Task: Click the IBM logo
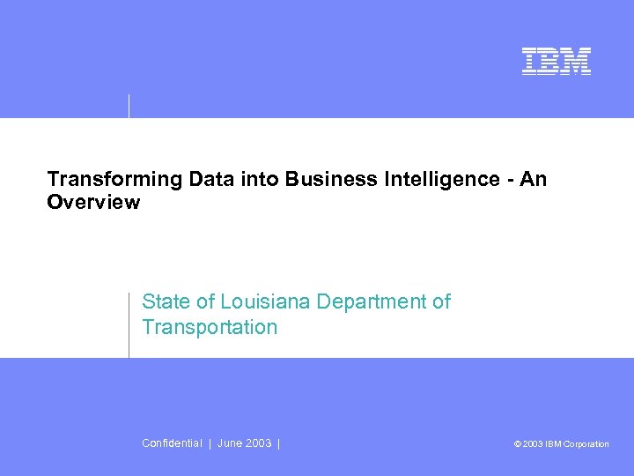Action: click(556, 61)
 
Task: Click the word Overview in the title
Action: click(93, 203)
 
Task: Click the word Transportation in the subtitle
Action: click(210, 328)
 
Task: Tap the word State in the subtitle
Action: click(165, 302)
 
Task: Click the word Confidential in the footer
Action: click(172, 443)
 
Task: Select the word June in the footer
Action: click(229, 443)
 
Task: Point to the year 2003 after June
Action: click(258, 443)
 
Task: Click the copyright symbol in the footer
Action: click(517, 444)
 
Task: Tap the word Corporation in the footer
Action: click(586, 444)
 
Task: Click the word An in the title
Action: click(534, 180)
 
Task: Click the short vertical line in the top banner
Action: click(129, 105)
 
